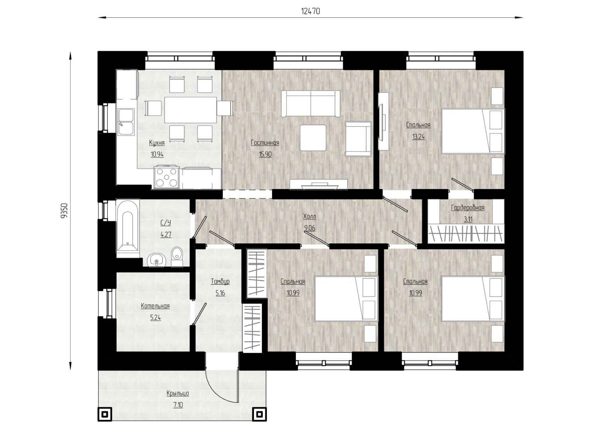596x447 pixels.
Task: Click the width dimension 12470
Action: [310, 11]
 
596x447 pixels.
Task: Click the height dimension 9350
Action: [64, 211]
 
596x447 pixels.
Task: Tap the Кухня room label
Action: [157, 143]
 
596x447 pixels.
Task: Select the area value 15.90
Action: [265, 154]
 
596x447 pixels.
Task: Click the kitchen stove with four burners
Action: [166, 177]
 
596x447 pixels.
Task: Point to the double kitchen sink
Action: [126, 122]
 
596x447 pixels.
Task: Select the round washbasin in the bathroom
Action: [156, 260]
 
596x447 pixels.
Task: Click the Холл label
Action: [309, 216]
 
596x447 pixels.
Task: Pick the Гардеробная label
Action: [468, 208]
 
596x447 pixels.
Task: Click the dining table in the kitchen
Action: [191, 110]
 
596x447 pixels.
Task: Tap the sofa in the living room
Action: [311, 104]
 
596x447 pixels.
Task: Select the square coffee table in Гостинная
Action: [313, 138]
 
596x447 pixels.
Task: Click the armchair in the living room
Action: [358, 139]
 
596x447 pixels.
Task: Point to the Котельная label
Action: [155, 306]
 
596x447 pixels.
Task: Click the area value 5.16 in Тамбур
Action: [220, 293]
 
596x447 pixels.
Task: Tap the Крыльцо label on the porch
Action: [178, 393]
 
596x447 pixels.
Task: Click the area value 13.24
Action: [418, 137]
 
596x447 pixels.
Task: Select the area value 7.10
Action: [178, 405]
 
